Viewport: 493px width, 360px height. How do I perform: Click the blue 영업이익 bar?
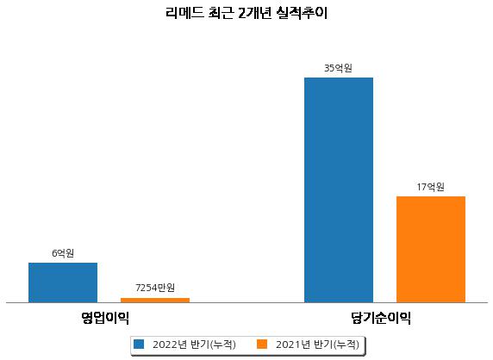coord(63,282)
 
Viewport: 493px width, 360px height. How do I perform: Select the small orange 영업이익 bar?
coord(155,301)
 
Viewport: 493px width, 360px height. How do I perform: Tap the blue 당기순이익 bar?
coord(339,190)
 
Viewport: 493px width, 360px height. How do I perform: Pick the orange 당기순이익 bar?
coord(431,250)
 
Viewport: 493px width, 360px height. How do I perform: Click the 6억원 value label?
coord(63,253)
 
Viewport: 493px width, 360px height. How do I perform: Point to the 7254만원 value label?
coord(155,288)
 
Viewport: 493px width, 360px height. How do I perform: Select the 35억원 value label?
coord(339,68)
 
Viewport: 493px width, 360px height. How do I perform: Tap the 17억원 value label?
coord(430,187)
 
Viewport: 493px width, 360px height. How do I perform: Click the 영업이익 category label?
coord(105,318)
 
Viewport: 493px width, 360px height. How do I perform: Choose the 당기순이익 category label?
coord(381,318)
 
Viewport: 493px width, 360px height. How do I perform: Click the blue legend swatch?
coord(139,344)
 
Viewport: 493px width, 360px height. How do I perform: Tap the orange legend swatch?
coord(262,344)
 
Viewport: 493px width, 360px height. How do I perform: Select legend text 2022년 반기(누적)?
coord(194,344)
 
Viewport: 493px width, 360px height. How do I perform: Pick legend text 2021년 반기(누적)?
coord(317,344)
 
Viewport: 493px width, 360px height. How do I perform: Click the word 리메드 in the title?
coord(184,13)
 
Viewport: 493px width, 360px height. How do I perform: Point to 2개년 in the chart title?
coord(254,13)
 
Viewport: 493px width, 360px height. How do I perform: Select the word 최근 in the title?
coord(221,13)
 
